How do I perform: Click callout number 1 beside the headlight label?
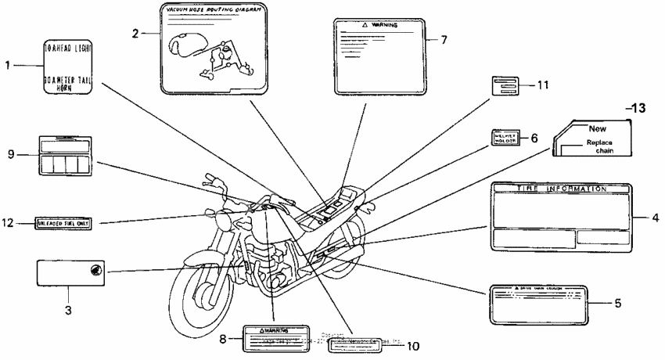click(x=7, y=67)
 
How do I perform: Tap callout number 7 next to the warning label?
click(x=444, y=38)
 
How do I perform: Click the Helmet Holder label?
click(x=505, y=138)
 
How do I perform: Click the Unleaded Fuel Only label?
click(x=63, y=223)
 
